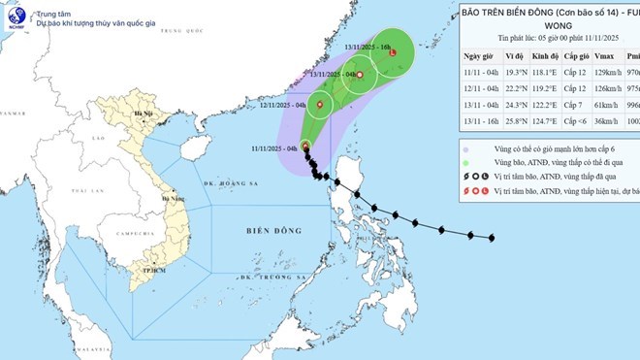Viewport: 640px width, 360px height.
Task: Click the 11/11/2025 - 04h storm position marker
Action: click(305, 147)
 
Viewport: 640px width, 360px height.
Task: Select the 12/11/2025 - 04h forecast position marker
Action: click(320, 104)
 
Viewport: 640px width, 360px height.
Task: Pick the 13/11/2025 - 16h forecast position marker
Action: click(392, 53)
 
